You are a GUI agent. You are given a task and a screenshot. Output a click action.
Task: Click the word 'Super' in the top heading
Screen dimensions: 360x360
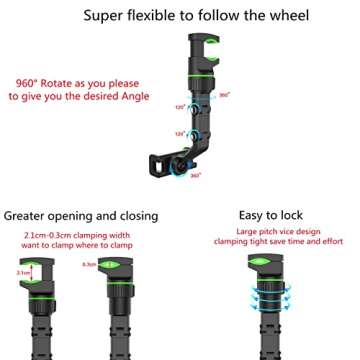(x=107, y=15)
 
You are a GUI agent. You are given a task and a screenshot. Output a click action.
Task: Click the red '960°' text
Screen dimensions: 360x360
(x=31, y=83)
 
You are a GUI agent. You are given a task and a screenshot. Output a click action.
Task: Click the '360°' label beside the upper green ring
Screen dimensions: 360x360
(x=224, y=95)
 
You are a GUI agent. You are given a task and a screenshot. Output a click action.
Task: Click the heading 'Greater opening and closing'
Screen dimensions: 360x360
(x=80, y=215)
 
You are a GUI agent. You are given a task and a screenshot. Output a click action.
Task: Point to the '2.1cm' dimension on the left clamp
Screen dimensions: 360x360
(x=22, y=271)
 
